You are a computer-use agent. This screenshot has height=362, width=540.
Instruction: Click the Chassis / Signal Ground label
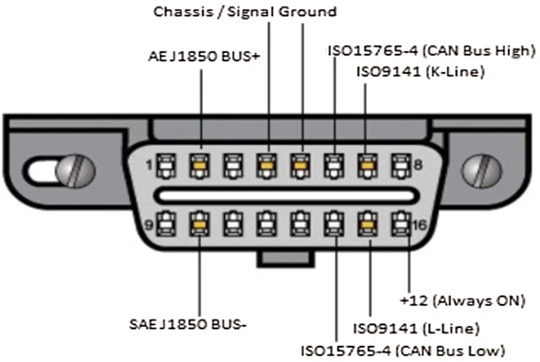pos(245,12)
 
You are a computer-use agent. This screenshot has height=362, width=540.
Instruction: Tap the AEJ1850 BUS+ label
pos(204,56)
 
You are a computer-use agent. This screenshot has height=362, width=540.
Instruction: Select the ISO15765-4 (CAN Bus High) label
pos(432,51)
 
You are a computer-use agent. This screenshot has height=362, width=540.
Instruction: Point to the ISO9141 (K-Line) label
pos(421,72)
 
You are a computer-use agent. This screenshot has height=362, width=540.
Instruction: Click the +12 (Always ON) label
pos(462,301)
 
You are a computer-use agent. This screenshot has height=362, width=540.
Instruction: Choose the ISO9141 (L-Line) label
pos(416,329)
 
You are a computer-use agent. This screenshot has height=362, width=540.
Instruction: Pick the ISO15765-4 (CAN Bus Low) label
pos(403,351)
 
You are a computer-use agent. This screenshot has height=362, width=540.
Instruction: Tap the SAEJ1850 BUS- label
pos(188,324)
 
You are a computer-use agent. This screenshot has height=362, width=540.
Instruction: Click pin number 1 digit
pos(149,165)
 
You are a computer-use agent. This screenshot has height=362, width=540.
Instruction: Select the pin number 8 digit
pos(418,165)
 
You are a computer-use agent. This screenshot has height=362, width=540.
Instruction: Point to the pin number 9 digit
pos(149,225)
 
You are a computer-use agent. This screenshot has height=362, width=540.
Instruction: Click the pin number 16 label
pos(420,225)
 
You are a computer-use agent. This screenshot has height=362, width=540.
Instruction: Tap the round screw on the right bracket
pos(482,171)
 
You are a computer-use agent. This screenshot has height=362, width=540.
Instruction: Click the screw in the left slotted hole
pos(75,171)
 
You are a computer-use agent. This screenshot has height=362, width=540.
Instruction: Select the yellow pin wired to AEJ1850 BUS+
pos(200,166)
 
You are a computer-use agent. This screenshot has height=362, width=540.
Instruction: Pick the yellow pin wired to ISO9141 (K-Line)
pos(367,166)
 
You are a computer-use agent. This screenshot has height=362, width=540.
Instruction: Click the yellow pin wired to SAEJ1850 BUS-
pos(200,224)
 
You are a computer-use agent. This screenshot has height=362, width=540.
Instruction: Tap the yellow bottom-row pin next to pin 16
pos(367,224)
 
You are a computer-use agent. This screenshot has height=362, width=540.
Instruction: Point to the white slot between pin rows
pos(286,195)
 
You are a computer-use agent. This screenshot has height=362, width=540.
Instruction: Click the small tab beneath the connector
pos(286,259)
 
